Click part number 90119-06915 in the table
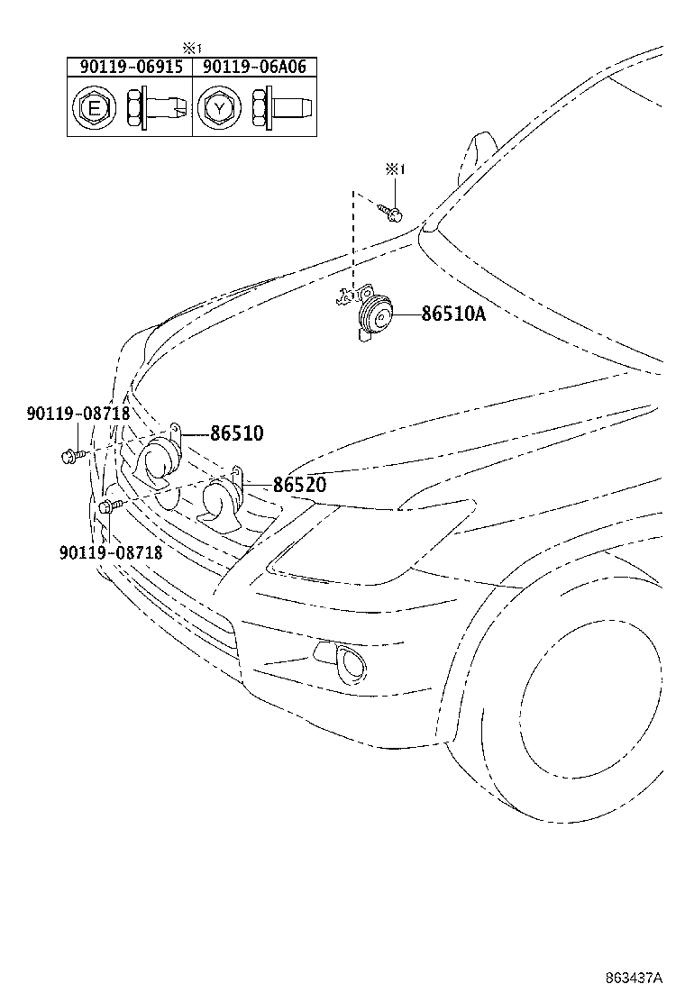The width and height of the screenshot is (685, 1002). point(131,67)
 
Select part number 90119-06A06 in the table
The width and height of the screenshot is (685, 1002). point(254,67)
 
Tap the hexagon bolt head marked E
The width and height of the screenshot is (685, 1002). point(94,108)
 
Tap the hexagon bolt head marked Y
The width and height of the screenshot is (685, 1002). point(219,108)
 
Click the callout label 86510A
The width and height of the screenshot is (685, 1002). point(453,314)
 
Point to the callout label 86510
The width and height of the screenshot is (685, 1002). point(236,433)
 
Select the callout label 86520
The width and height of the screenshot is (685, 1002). point(299,485)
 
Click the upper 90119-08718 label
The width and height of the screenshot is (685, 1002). point(78,414)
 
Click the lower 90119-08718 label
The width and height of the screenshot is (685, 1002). point(111,551)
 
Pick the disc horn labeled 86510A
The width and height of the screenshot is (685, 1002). point(371,315)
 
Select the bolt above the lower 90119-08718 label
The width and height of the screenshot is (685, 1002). point(109,506)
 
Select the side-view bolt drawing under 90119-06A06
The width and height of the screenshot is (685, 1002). point(282,106)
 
